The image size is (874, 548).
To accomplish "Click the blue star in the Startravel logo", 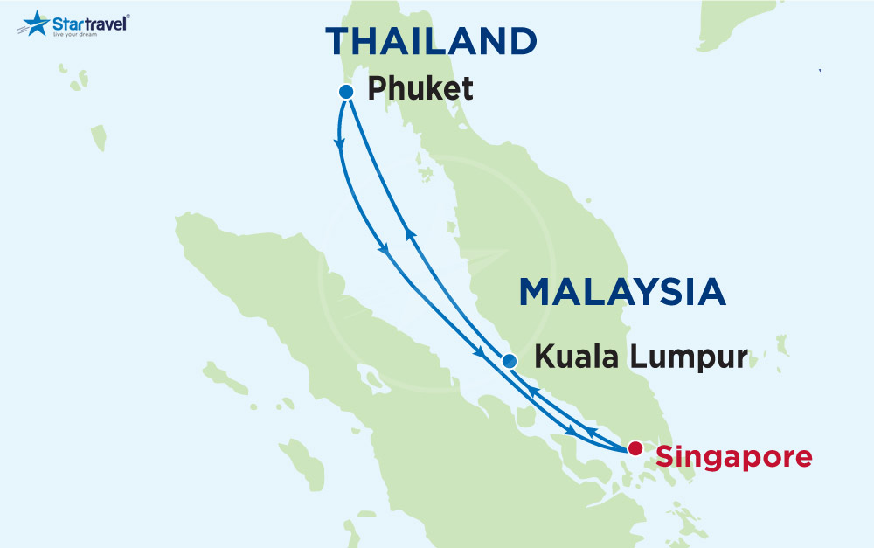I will [x=35, y=23].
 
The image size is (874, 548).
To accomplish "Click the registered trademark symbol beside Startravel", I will [x=128, y=16].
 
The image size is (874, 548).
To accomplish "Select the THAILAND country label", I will [x=431, y=42].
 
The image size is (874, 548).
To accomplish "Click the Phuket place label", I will [x=420, y=88].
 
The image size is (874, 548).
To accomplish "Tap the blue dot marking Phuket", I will [x=346, y=91].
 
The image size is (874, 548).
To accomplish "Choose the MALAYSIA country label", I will [x=622, y=292].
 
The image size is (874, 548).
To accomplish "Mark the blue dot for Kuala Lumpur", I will [x=510, y=361].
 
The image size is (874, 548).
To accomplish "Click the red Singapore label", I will [x=733, y=455].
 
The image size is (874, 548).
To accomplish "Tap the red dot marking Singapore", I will [x=635, y=448].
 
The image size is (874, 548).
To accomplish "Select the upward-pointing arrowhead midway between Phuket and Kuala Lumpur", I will [x=408, y=233].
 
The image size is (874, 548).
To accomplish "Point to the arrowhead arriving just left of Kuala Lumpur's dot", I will [x=480, y=354].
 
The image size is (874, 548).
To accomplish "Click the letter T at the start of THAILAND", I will [x=338, y=42].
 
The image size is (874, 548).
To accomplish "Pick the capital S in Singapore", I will [x=666, y=455].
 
